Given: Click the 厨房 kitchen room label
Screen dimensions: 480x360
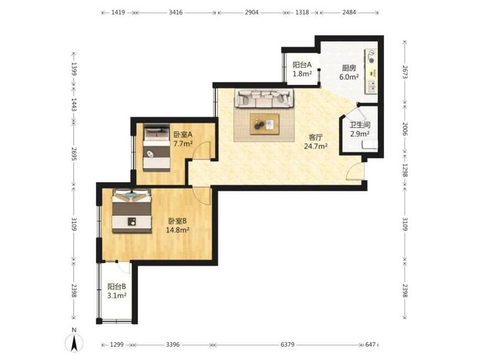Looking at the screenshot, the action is coord(349,68).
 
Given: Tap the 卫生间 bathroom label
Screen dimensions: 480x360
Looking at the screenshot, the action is coord(360,125).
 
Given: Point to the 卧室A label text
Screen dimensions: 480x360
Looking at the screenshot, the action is coord(183,134).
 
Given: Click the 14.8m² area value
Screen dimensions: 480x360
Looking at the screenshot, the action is coord(178,230).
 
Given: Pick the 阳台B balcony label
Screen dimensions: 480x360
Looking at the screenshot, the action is coord(117,286).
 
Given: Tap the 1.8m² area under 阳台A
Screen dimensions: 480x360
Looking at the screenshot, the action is coord(302,74).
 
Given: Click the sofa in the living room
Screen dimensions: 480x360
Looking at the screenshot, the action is coord(264,98).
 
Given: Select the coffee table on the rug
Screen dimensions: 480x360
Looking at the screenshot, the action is coord(265,124).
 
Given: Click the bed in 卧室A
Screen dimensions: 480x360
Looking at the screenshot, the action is coord(157,147).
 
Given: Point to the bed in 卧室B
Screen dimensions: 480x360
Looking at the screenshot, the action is coord(132,210).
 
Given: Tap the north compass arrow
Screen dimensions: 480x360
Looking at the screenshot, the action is coord(74,343).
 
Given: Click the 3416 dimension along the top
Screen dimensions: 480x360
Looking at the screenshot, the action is coord(176,13).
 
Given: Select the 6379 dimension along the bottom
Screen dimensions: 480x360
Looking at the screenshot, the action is coord(287,344).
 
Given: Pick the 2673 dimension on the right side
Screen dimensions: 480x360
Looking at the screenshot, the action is coord(405,72).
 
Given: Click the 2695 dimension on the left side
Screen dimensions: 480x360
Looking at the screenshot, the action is coord(74,154).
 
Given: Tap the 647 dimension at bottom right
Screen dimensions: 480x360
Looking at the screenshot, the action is coord(370,344).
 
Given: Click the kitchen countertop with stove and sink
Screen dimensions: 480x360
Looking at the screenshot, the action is coord(371,71).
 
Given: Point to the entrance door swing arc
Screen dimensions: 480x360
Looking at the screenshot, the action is coord(355,172).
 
